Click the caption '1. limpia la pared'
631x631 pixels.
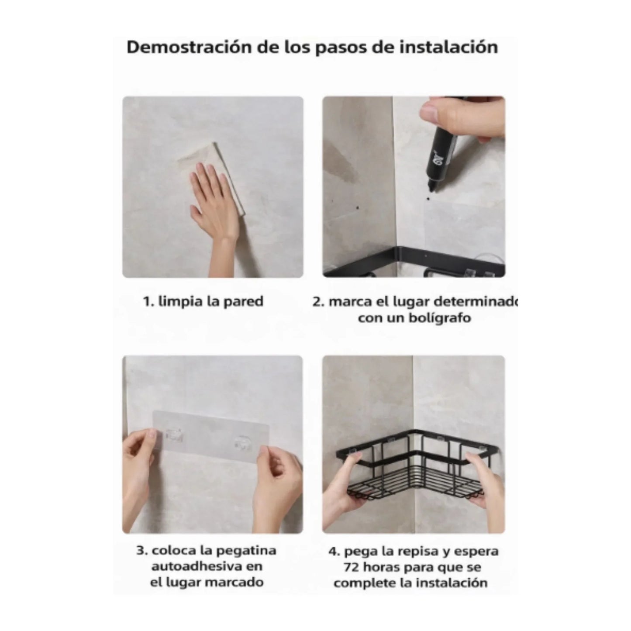(203, 301)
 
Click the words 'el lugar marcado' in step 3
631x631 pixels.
(207, 583)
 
